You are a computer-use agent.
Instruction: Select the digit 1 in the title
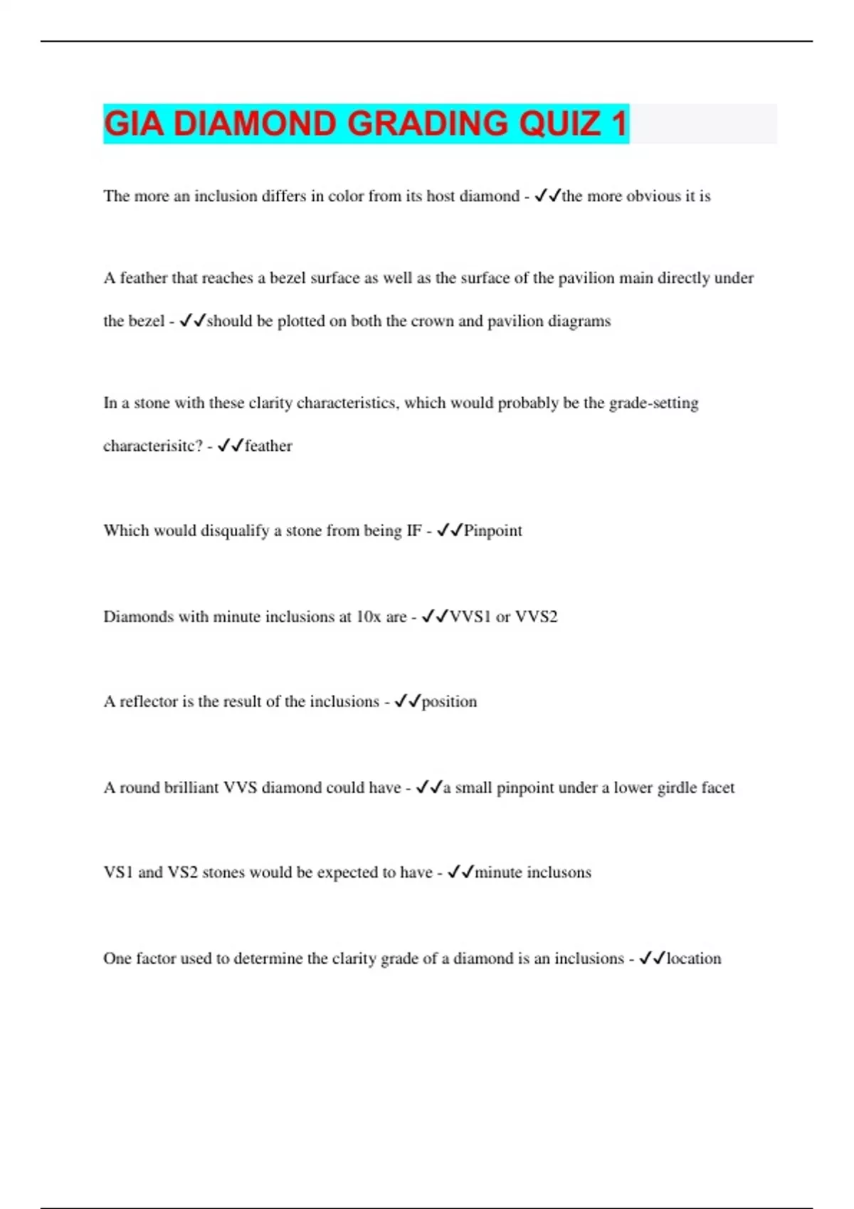pyautogui.click(x=619, y=124)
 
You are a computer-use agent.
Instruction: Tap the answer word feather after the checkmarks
pyautogui.click(x=268, y=446)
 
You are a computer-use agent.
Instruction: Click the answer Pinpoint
pyautogui.click(x=492, y=531)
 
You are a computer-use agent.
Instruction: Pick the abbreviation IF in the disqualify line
pyautogui.click(x=413, y=531)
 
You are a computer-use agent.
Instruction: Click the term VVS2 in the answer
pyautogui.click(x=536, y=617)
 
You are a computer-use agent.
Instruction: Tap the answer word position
pyautogui.click(x=449, y=702)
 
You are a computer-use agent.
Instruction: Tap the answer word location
pyautogui.click(x=693, y=959)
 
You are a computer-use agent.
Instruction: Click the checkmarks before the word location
pyautogui.click(x=652, y=959)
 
